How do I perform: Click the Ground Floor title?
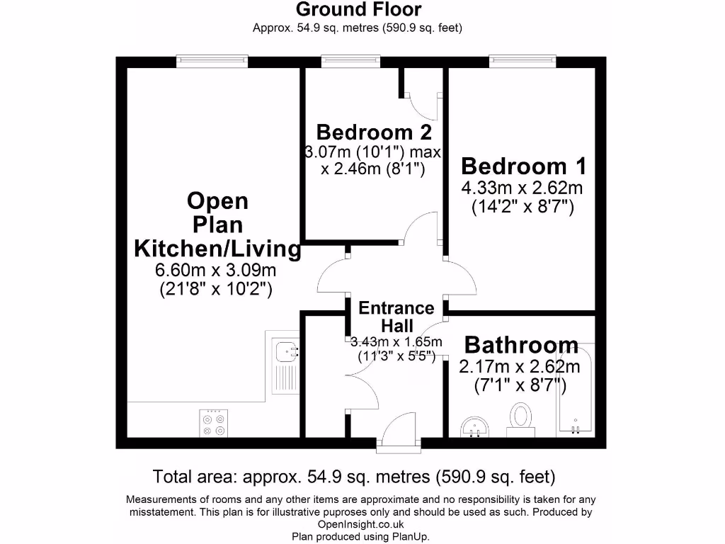[358, 10]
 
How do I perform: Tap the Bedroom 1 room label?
[523, 166]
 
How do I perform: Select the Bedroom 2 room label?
[374, 132]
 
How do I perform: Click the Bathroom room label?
[521, 346]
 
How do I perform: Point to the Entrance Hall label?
[396, 317]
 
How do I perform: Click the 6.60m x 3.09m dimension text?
[215, 270]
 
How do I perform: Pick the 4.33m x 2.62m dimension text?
[522, 188]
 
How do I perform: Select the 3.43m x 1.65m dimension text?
[396, 342]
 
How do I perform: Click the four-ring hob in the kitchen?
[214, 422]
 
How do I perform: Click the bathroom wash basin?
[474, 428]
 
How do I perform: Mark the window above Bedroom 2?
[350, 62]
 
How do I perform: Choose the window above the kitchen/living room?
[212, 62]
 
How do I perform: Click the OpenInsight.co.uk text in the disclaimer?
[362, 524]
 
